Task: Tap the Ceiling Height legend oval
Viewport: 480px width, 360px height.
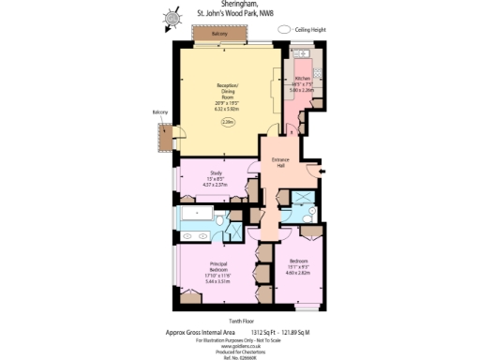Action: [285, 30]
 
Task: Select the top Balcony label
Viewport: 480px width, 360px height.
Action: [218, 34]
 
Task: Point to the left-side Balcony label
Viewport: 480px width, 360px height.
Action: [160, 113]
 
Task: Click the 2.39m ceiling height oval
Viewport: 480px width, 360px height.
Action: [228, 121]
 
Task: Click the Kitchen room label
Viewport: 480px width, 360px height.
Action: [303, 78]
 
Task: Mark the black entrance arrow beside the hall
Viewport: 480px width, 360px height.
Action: [322, 171]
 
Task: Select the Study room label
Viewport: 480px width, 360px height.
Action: [215, 173]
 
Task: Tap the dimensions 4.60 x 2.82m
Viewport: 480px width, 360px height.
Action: [298, 274]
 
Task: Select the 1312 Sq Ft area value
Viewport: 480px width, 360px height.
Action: [266, 331]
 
